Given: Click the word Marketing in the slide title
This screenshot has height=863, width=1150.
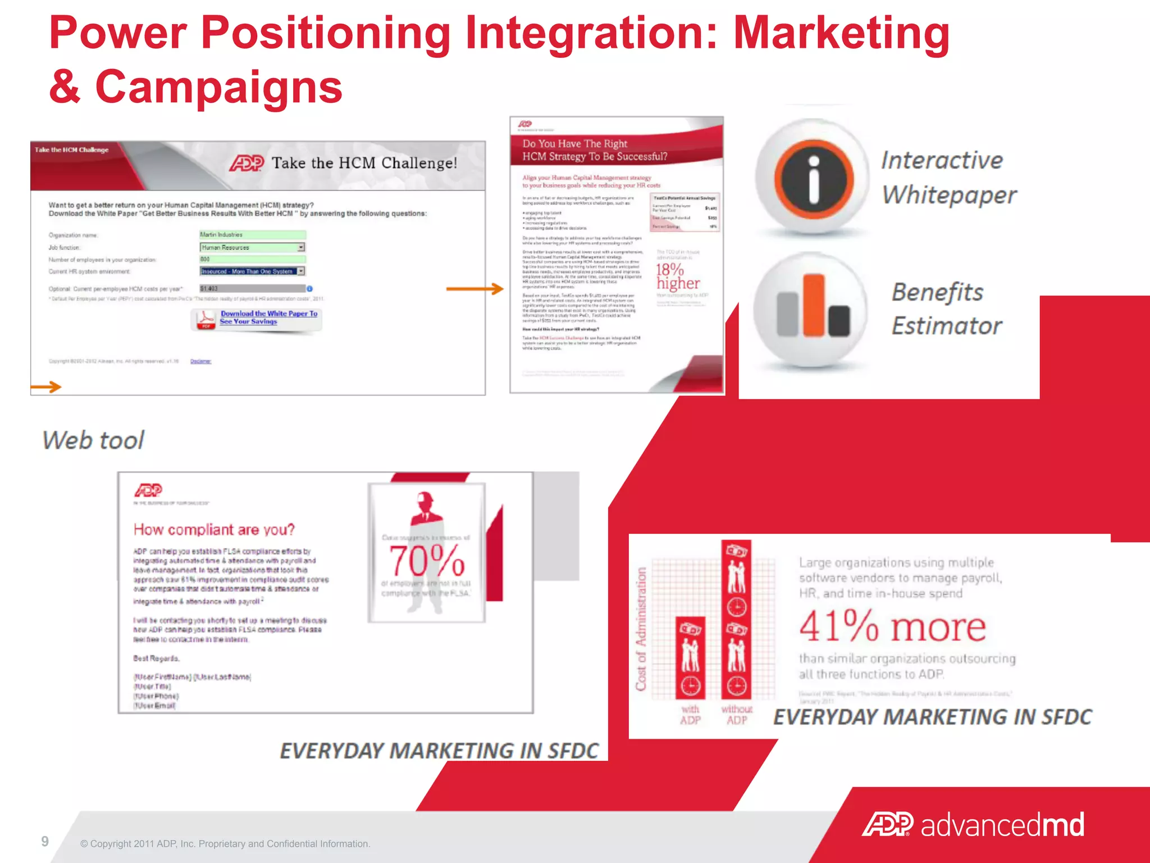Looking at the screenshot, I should [841, 34].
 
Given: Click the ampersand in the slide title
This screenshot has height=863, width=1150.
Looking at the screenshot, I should [65, 87].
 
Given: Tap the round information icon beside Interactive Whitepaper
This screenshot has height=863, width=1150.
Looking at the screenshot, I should [814, 179].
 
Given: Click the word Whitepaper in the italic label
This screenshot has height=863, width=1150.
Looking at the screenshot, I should [949, 195].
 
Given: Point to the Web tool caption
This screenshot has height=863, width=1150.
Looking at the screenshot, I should [93, 440].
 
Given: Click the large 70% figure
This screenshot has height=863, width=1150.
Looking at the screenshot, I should [427, 561].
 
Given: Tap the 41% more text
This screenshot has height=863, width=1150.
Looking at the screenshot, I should [892, 626].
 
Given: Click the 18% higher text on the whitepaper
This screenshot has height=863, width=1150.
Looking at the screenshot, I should [677, 276].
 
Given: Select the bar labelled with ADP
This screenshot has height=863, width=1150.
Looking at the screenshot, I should [690, 657].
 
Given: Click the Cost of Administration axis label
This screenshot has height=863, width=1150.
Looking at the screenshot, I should [641, 629].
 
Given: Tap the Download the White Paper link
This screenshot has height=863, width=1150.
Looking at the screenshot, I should [268, 317].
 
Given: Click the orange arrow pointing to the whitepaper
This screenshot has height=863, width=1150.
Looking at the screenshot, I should [474, 289].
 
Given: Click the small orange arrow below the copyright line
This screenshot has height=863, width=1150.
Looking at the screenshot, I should [46, 387].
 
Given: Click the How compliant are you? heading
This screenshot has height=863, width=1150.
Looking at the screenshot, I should [214, 530].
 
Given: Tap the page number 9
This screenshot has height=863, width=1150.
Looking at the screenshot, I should [45, 841].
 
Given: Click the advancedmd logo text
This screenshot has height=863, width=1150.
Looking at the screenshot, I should [1002, 825].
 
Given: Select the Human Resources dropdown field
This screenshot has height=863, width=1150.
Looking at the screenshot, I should [252, 247].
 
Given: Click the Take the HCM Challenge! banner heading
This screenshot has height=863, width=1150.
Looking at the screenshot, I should [364, 163].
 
